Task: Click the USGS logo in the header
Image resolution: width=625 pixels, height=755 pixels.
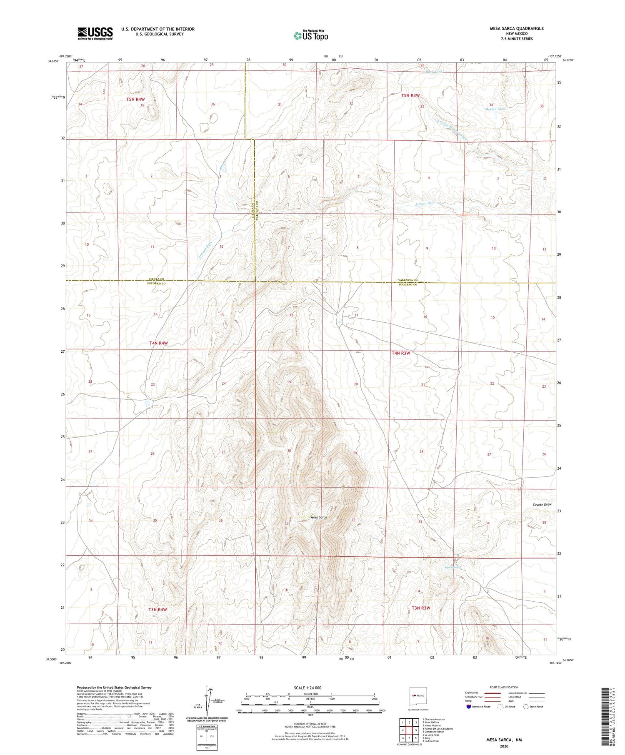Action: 95,33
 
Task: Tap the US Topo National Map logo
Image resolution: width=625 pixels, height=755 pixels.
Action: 311,35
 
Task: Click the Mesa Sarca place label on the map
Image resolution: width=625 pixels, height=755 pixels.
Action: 318,517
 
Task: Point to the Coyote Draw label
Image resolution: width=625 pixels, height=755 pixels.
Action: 542,504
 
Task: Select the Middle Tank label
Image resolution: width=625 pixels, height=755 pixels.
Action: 495,109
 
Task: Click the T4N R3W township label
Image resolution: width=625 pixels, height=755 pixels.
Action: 401,353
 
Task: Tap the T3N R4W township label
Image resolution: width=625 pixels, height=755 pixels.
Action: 157,609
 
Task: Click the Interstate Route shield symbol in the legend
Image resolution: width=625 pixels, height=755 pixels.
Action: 469,706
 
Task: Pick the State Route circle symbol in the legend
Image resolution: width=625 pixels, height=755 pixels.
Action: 526,706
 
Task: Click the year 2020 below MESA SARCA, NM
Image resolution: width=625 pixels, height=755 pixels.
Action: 504,746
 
